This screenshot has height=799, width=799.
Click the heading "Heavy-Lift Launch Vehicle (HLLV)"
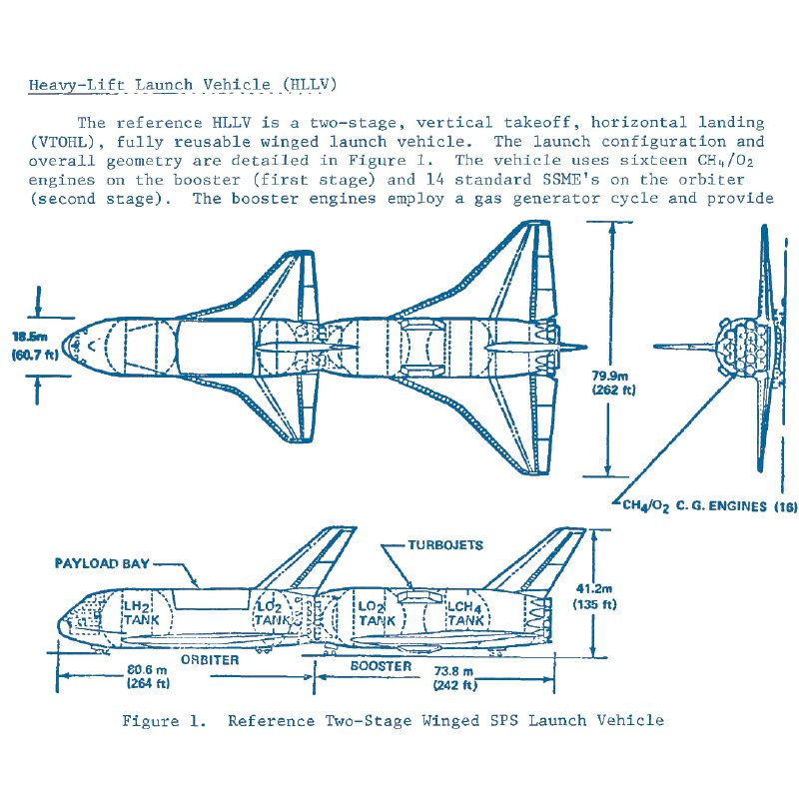tap(183, 85)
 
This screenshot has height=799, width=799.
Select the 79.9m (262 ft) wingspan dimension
tap(613, 383)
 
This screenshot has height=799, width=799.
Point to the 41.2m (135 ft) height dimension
tap(594, 596)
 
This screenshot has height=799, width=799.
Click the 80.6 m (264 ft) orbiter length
tap(148, 676)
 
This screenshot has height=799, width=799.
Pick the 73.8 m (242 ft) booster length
tap(454, 678)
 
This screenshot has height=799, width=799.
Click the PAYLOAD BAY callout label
tap(102, 563)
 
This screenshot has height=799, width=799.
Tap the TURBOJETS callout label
tap(445, 545)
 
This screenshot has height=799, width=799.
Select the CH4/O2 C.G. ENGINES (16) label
tap(710, 506)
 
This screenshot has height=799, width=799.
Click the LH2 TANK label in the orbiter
tap(141, 613)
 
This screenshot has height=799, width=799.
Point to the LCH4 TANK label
tap(464, 613)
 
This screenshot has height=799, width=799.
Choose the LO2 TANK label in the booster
tap(377, 613)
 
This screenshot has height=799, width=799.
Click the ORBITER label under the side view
tap(210, 660)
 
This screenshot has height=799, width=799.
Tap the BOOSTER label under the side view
tap(381, 666)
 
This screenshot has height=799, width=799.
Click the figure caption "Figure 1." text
tap(164, 721)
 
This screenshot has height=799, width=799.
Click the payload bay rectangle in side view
tap(212, 598)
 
